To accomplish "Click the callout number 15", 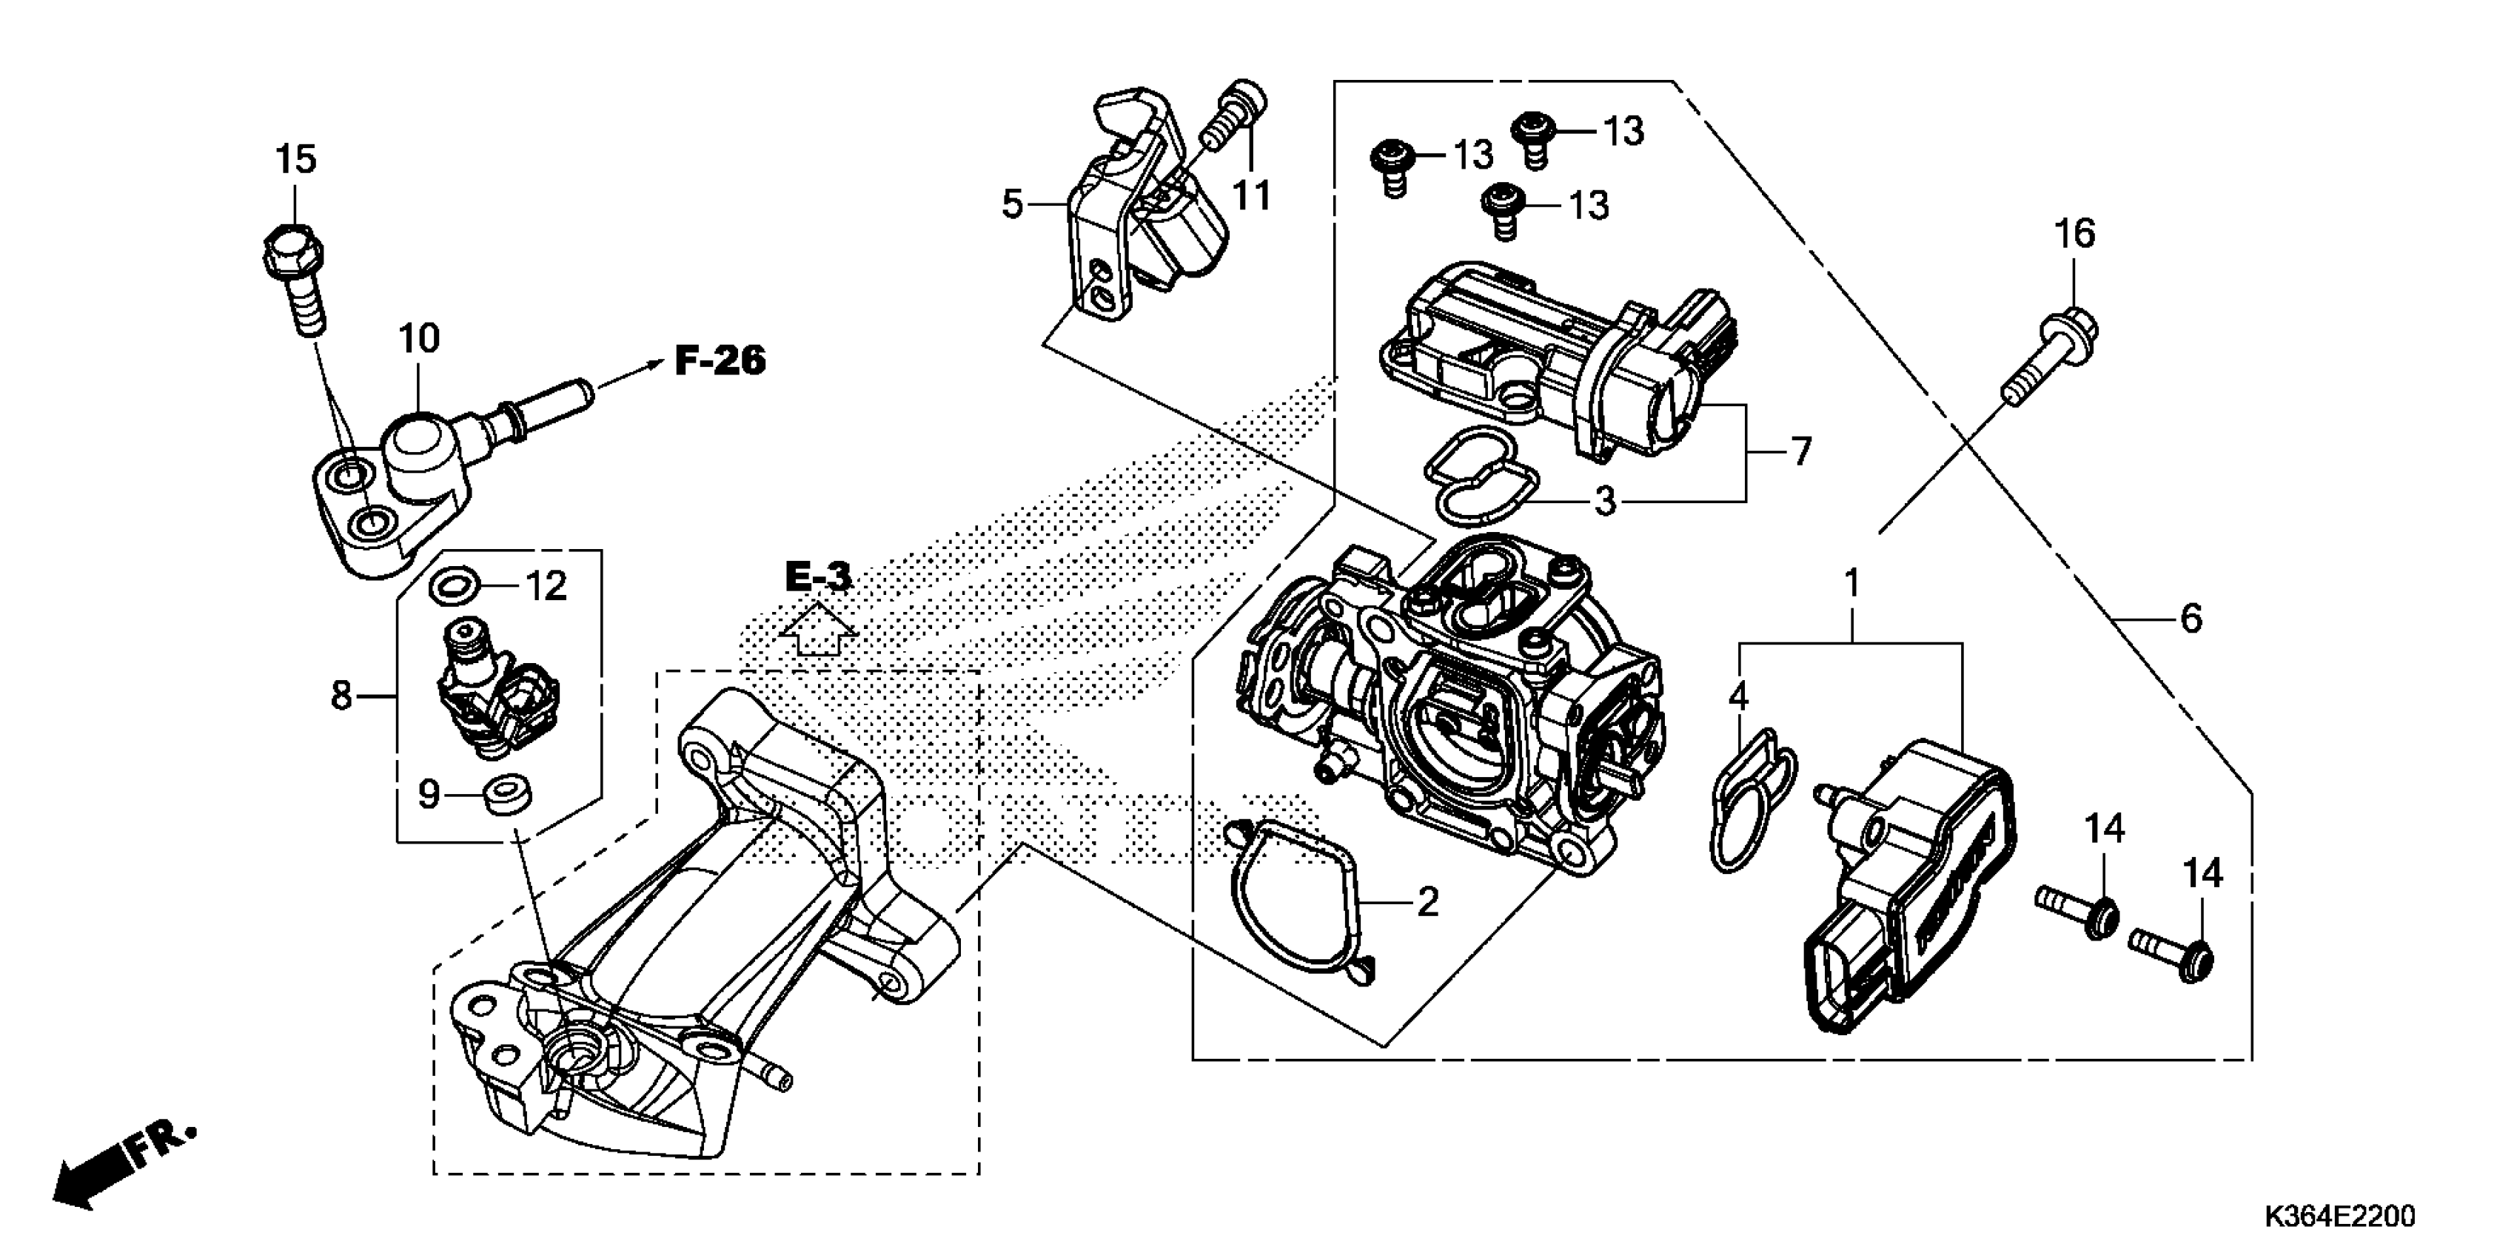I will [x=295, y=159].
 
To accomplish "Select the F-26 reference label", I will [x=720, y=361].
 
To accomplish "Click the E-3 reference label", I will [x=818, y=577].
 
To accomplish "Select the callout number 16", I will [x=2074, y=235].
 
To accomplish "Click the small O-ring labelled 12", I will [x=455, y=586].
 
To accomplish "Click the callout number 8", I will [x=340, y=696].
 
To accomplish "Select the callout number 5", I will [x=1012, y=205].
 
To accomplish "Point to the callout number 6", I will [x=2191, y=618].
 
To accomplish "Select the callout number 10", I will [x=418, y=339].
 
